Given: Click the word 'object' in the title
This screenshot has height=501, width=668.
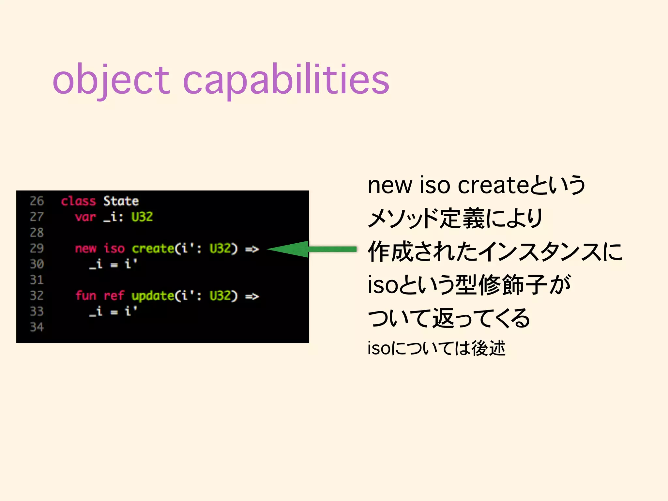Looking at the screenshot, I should [x=111, y=80].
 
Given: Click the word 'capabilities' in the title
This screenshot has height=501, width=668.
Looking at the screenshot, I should [x=286, y=80].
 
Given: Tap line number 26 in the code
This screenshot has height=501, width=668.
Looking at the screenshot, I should [x=37, y=201].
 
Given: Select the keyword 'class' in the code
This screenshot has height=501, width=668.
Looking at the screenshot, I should [x=78, y=201].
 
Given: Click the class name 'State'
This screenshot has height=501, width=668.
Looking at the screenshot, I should [x=121, y=201].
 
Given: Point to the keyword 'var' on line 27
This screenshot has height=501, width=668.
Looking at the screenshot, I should [x=85, y=217].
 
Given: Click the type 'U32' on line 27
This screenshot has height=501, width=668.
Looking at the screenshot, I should [x=142, y=217].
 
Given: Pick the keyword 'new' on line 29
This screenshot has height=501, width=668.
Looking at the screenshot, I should [x=85, y=249].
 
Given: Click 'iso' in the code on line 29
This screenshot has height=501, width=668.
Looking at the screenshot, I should [x=114, y=249].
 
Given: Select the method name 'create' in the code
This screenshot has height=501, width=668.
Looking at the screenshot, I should [x=153, y=249].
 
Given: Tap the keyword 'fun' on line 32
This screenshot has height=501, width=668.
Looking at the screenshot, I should [x=85, y=296].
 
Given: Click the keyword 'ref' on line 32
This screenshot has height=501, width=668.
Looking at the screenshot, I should [x=114, y=296].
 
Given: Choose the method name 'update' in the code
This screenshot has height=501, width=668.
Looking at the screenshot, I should [x=153, y=296].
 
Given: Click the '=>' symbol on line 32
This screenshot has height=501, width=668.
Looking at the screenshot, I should [x=252, y=296].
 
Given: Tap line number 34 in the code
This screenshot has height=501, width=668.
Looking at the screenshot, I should [x=37, y=327].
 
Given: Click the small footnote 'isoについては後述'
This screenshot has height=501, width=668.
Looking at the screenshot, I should [x=436, y=348].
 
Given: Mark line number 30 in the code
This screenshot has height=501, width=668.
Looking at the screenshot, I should [x=37, y=264].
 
